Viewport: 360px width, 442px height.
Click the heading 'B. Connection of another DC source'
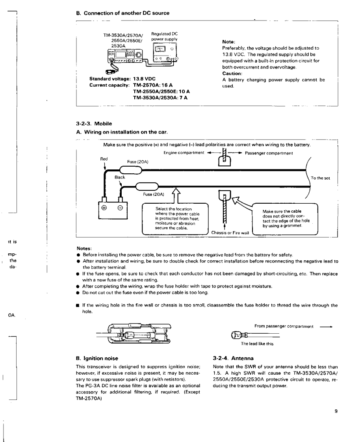[122, 13]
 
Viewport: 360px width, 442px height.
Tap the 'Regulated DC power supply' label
[164, 37]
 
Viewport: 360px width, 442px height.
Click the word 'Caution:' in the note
[232, 73]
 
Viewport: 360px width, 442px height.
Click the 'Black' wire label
[120, 177]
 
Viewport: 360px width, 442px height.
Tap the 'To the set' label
[320, 178]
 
